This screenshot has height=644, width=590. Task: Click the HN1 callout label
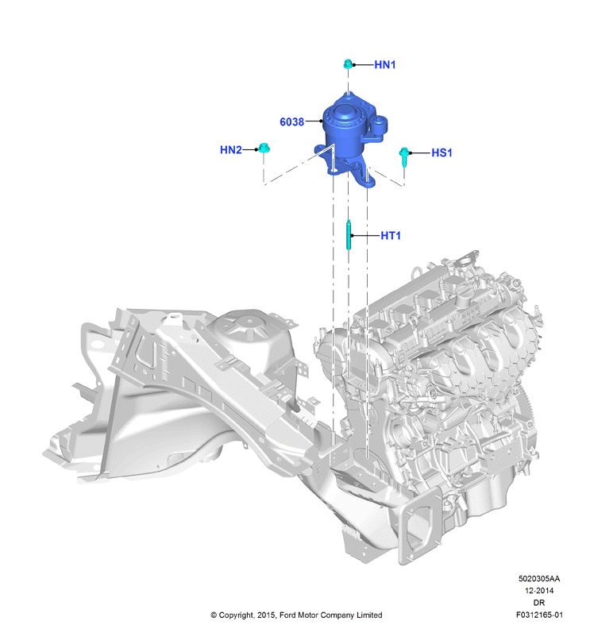click(x=384, y=65)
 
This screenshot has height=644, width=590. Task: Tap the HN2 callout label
click(x=231, y=150)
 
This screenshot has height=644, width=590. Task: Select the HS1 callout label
click(x=442, y=152)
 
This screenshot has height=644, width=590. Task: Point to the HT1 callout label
click(x=391, y=236)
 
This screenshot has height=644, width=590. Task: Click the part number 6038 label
click(x=292, y=122)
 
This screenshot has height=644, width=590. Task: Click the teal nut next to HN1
click(x=348, y=64)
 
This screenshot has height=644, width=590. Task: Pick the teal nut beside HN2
click(x=264, y=148)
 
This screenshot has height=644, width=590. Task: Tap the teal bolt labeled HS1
click(x=404, y=157)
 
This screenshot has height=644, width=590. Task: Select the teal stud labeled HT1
click(x=349, y=234)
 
